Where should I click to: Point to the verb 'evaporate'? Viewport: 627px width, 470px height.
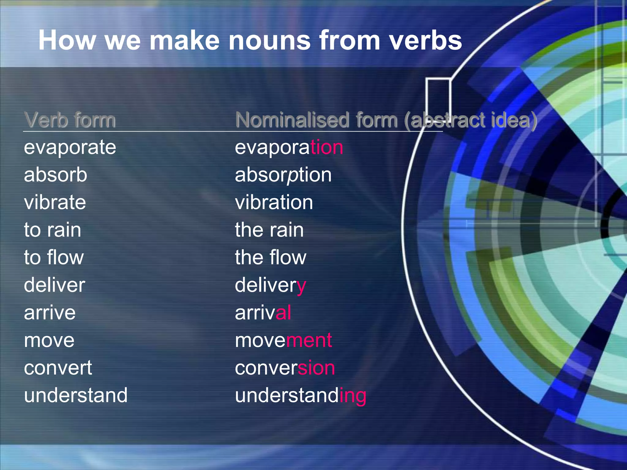coord(70,148)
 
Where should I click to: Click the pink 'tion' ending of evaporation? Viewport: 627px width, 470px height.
coord(327,147)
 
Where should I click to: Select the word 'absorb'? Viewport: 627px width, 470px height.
coord(55,175)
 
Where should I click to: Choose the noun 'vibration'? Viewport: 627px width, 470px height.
coord(274,202)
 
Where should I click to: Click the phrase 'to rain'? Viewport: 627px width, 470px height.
coord(52,230)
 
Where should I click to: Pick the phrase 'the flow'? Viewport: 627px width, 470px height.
coord(270,257)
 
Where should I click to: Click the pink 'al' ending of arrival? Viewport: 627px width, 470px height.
coord(283,312)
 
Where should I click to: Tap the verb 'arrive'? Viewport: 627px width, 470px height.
coord(50,313)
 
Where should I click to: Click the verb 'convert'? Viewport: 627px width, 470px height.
coord(58,368)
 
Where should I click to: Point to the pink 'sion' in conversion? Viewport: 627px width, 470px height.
coord(316,368)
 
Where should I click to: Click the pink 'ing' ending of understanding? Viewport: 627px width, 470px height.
coord(353,396)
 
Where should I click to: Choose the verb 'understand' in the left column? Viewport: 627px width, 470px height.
coord(76,395)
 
